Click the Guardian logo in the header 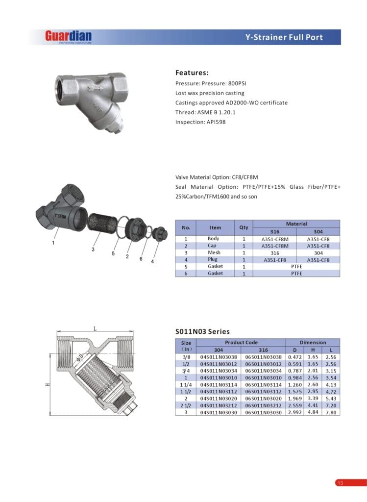click(x=68, y=36)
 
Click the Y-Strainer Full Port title click(x=284, y=37)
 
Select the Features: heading click(x=192, y=73)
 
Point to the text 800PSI click(x=237, y=83)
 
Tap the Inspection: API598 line click(x=200, y=122)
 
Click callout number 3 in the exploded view click(x=93, y=250)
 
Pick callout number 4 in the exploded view click(x=152, y=261)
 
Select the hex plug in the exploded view click(x=160, y=233)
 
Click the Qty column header click(x=244, y=227)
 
